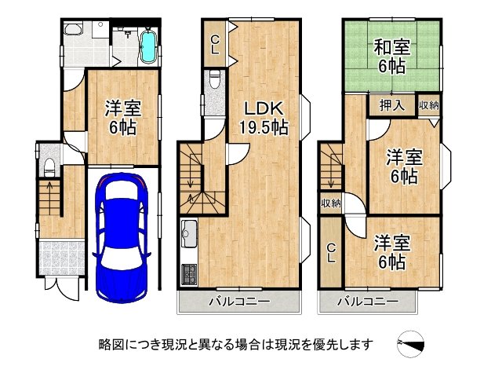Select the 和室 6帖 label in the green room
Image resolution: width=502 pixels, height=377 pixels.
(x=389, y=57)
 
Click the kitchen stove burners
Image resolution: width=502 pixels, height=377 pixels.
(x=189, y=275)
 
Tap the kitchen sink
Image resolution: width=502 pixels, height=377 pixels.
(x=189, y=233)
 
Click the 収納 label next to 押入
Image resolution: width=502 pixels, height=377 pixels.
(x=429, y=104)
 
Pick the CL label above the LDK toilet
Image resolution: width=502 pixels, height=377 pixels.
(x=214, y=42)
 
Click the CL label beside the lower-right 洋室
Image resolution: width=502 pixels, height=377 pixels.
(x=332, y=253)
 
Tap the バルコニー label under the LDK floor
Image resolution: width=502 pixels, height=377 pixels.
(x=240, y=302)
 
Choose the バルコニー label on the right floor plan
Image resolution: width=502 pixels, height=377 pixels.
(x=368, y=302)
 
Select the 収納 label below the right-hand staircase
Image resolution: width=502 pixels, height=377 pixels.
(x=330, y=203)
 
